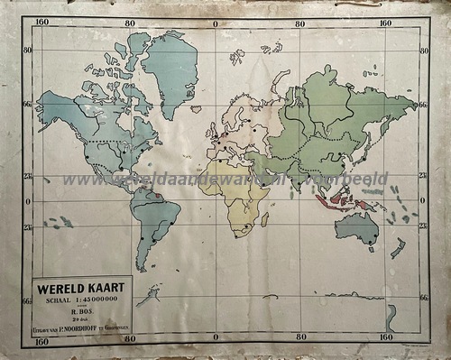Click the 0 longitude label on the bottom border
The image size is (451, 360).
(216, 340)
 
